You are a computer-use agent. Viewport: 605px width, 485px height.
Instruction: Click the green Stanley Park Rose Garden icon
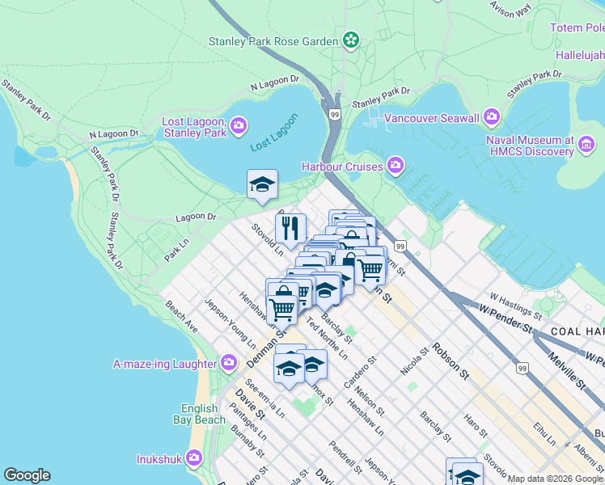coord(351,40)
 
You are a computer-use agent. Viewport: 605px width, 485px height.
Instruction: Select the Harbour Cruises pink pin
coord(396,166)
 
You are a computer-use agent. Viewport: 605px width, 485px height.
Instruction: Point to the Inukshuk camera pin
coord(193,458)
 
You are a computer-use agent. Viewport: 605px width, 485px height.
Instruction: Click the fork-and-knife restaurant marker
coord(290,228)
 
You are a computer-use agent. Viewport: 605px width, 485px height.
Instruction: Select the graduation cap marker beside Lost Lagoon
coord(262,184)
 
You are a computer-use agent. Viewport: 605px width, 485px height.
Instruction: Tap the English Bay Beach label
coord(199,414)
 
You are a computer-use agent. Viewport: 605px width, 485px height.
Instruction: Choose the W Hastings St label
coord(514,306)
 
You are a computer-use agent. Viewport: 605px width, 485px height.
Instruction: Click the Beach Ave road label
coord(182,318)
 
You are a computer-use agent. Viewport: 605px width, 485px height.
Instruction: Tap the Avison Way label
coord(511,8)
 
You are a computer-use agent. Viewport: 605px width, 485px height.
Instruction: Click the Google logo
coord(27,475)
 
